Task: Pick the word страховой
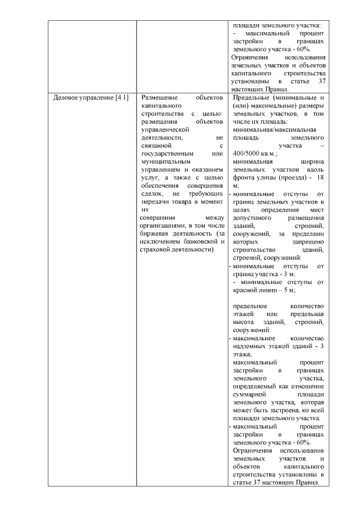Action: click(x=157, y=249)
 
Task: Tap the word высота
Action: click(x=244, y=322)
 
